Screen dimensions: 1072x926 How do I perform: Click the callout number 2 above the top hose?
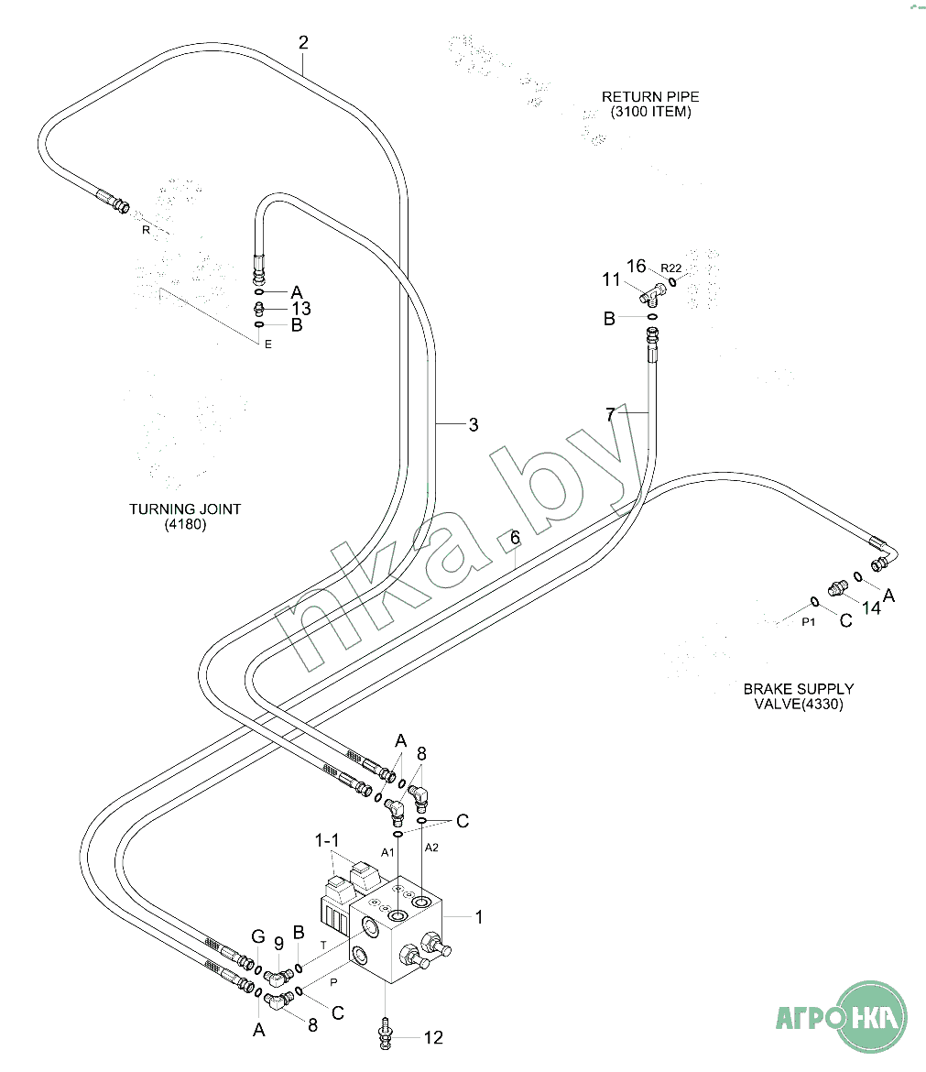[x=303, y=42]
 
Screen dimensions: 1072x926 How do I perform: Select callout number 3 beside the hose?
[x=473, y=424]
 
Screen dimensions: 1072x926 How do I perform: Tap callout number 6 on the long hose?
[x=515, y=537]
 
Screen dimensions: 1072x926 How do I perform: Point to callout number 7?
[x=611, y=414]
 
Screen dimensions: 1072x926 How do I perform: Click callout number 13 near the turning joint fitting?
[x=300, y=308]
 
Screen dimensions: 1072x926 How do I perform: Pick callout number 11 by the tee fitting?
[x=611, y=279]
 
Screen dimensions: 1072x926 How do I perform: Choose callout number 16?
[x=637, y=266]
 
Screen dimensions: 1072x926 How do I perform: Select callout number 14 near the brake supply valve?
[x=870, y=607]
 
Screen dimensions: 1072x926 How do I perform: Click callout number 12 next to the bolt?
[x=432, y=1037]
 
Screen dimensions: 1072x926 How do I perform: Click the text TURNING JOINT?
[x=185, y=509]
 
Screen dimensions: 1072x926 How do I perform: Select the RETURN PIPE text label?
[x=650, y=96]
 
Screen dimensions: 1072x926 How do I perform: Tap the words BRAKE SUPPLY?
[x=799, y=688]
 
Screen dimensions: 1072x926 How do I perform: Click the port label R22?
[x=671, y=268]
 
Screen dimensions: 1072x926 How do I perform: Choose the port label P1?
[x=809, y=621]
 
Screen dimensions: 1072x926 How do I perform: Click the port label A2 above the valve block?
[x=431, y=848]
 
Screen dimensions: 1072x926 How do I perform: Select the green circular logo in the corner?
[x=872, y=1016]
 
